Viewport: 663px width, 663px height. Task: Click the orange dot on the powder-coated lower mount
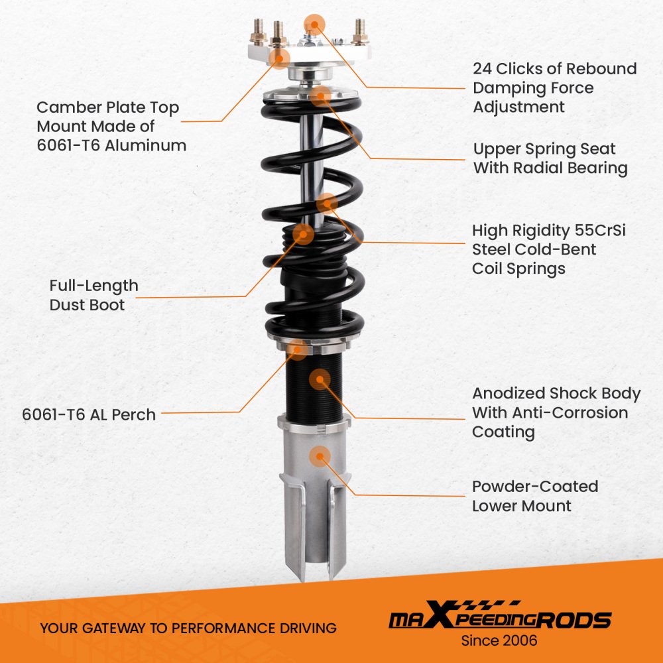(320, 456)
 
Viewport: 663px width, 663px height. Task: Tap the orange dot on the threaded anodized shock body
(320, 379)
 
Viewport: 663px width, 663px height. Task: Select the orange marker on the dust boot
(303, 234)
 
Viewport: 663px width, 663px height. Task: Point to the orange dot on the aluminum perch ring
(298, 349)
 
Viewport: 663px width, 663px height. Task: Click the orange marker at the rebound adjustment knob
(314, 25)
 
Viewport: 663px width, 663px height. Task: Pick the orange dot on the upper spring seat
(320, 96)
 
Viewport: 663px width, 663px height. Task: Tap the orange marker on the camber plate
(280, 58)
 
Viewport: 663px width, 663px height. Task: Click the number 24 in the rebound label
(482, 68)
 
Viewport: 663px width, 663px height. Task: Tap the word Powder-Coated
(535, 486)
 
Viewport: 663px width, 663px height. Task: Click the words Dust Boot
(87, 305)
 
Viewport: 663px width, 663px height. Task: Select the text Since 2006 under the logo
(499, 640)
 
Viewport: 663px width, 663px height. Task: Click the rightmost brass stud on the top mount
(360, 32)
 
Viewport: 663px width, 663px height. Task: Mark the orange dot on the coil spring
(327, 204)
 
